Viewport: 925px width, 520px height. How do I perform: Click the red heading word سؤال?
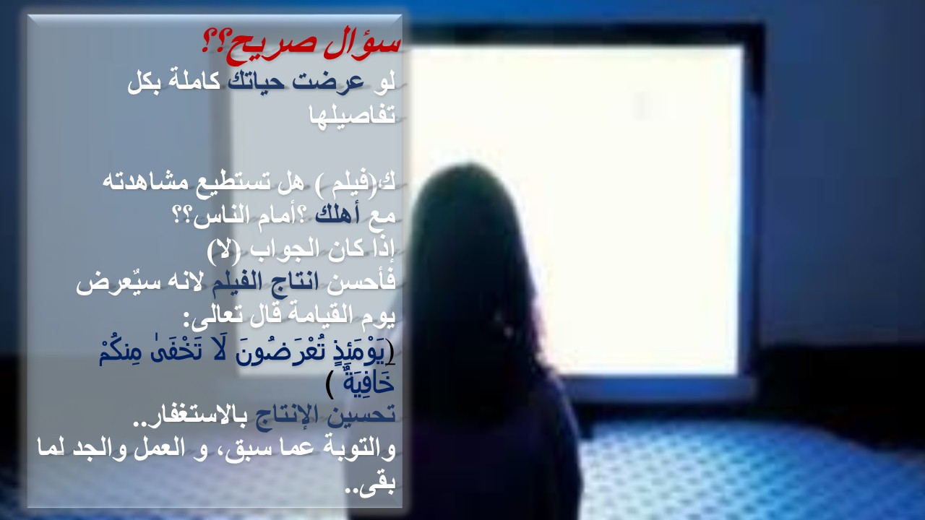coord(363,46)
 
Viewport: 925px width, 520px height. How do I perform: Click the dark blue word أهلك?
coord(337,214)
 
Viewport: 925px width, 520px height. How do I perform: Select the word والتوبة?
coord(356,448)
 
